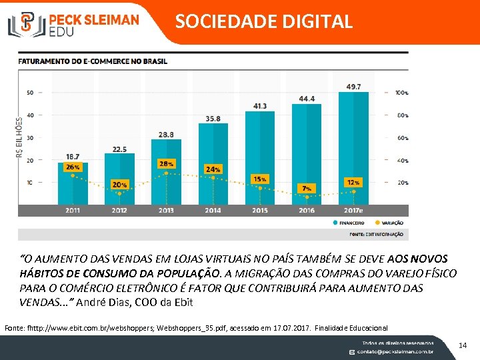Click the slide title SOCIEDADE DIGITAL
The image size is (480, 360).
(263, 21)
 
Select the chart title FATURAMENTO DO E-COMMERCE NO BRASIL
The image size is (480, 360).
(93, 61)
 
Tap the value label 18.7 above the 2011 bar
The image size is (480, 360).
(73, 155)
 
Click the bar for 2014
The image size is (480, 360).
(213, 163)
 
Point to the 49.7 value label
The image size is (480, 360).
(353, 87)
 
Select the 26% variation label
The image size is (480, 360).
(73, 167)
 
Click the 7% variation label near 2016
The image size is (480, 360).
(307, 188)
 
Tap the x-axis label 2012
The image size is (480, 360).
(119, 210)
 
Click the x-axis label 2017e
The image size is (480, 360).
(353, 210)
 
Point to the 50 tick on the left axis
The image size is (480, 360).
(30, 93)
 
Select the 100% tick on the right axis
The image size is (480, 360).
(401, 93)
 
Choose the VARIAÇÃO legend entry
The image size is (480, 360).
(389, 223)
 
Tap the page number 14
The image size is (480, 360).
(463, 345)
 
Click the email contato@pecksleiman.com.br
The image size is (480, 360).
(395, 351)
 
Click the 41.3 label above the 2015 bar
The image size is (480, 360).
(260, 106)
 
